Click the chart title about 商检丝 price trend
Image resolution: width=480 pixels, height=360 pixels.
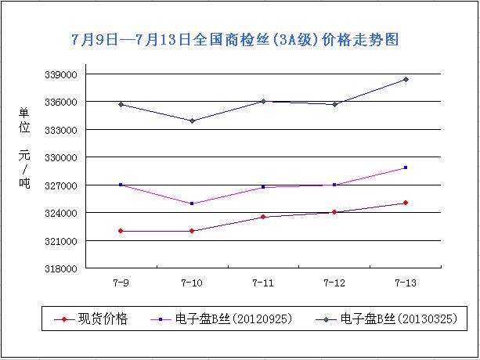tap(239, 39)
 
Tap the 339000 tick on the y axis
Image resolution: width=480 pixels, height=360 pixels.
tap(60, 75)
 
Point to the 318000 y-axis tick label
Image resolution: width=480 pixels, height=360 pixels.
tap(60, 268)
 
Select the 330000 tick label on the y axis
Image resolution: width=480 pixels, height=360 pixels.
tap(60, 157)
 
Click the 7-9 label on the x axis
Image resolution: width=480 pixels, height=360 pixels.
tap(121, 282)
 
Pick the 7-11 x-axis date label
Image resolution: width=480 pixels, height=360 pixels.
tap(263, 282)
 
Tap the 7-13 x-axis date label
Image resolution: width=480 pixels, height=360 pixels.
tap(405, 282)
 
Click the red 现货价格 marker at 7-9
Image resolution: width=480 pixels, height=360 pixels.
tap(121, 231)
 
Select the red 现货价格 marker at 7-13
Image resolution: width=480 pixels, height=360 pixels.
tap(405, 203)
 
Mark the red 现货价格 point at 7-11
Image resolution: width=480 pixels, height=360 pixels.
tap(263, 217)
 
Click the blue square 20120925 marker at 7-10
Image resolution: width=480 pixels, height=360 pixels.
tap(192, 203)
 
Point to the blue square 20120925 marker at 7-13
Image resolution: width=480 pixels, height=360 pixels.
tap(405, 167)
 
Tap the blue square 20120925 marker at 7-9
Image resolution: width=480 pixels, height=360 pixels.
tap(121, 185)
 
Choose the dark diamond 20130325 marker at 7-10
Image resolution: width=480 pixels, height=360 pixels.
tap(192, 121)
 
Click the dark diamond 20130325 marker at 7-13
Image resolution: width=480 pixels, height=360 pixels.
tap(405, 79)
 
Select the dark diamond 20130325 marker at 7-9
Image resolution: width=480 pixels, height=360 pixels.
tap(121, 104)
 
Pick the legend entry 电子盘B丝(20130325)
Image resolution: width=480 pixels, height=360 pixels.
tap(392, 319)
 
